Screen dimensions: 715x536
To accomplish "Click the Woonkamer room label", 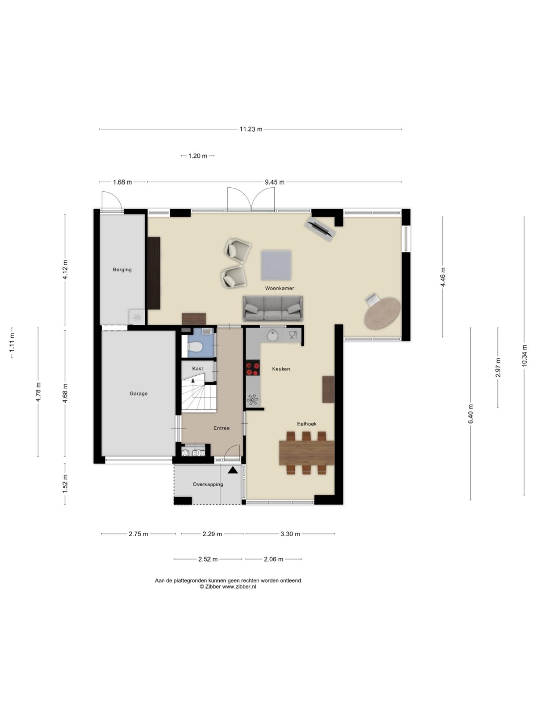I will pyautogui.click(x=279, y=288).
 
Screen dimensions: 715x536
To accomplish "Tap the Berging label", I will pyautogui.click(x=122, y=269).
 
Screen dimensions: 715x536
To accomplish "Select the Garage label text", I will pyautogui.click(x=138, y=394).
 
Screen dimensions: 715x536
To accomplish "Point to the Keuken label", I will pyautogui.click(x=281, y=369).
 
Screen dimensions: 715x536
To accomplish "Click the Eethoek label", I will pyautogui.click(x=306, y=424).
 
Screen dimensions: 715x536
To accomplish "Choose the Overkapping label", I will pyautogui.click(x=208, y=484).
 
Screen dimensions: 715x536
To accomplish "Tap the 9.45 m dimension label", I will pyautogui.click(x=274, y=182).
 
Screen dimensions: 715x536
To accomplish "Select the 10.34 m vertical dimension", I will pyautogui.click(x=524, y=356).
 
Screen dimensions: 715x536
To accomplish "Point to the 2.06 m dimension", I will pyautogui.click(x=274, y=559).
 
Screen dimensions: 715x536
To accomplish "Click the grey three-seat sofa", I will pyautogui.click(x=272, y=308).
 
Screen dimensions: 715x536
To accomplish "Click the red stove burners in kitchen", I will pyautogui.click(x=252, y=368).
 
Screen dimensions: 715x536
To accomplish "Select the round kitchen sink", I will pyautogui.click(x=272, y=335).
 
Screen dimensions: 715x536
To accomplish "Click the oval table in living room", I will pyautogui.click(x=382, y=313).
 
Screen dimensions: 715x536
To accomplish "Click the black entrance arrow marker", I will pyautogui.click(x=232, y=470).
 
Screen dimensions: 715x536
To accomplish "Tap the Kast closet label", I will pyautogui.click(x=197, y=369).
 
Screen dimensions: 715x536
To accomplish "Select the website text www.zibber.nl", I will pyautogui.click(x=239, y=587).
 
